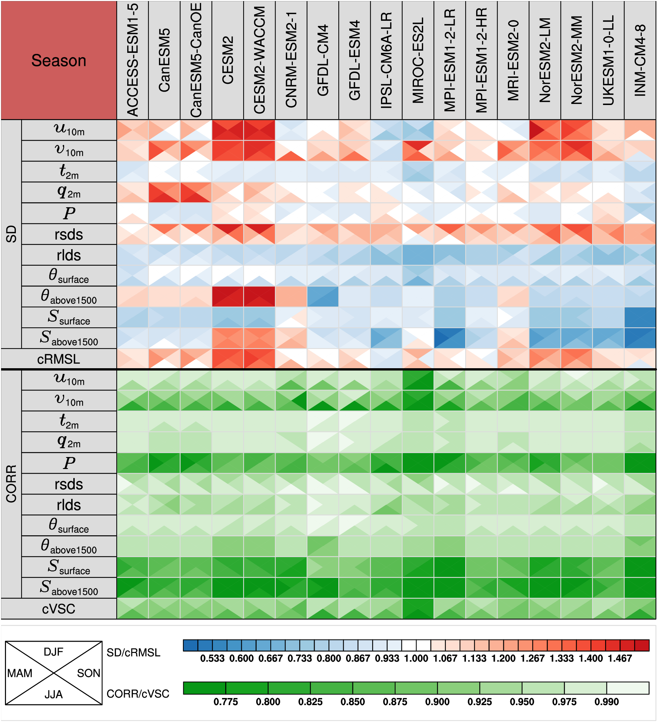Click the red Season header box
coord(59,60)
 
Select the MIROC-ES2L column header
coord(418,60)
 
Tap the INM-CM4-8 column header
coord(640,60)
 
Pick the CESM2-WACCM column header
coord(259,60)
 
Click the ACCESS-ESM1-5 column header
coord(133,60)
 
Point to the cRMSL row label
coord(59,359)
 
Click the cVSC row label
coord(59,609)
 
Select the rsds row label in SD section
coord(69,235)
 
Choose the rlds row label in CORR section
coord(69,505)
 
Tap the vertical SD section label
coord(11,234)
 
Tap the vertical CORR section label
coord(11,483)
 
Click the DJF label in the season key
coord(53,652)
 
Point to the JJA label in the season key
coord(53,695)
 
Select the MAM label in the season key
coord(20,673)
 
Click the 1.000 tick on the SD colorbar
coord(416,658)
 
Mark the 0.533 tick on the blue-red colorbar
coord(212,658)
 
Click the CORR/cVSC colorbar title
coord(138,694)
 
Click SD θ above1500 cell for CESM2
coord(227,297)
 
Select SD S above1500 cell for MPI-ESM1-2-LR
coord(449,338)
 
